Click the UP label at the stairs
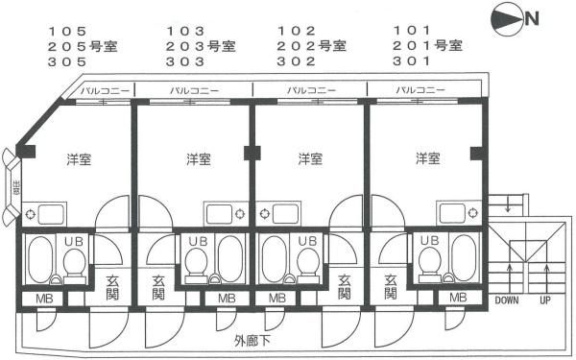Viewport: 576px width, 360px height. click(544, 300)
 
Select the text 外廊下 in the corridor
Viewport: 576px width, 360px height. click(252, 339)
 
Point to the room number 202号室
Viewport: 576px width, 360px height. click(311, 45)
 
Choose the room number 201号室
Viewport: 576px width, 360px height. click(428, 45)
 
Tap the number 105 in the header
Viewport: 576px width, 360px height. click(67, 31)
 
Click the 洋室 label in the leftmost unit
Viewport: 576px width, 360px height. click(80, 159)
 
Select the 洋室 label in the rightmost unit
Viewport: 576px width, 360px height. click(428, 159)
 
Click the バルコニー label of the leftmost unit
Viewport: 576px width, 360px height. click(99, 91)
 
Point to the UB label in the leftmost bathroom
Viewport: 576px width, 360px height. click(73, 242)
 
